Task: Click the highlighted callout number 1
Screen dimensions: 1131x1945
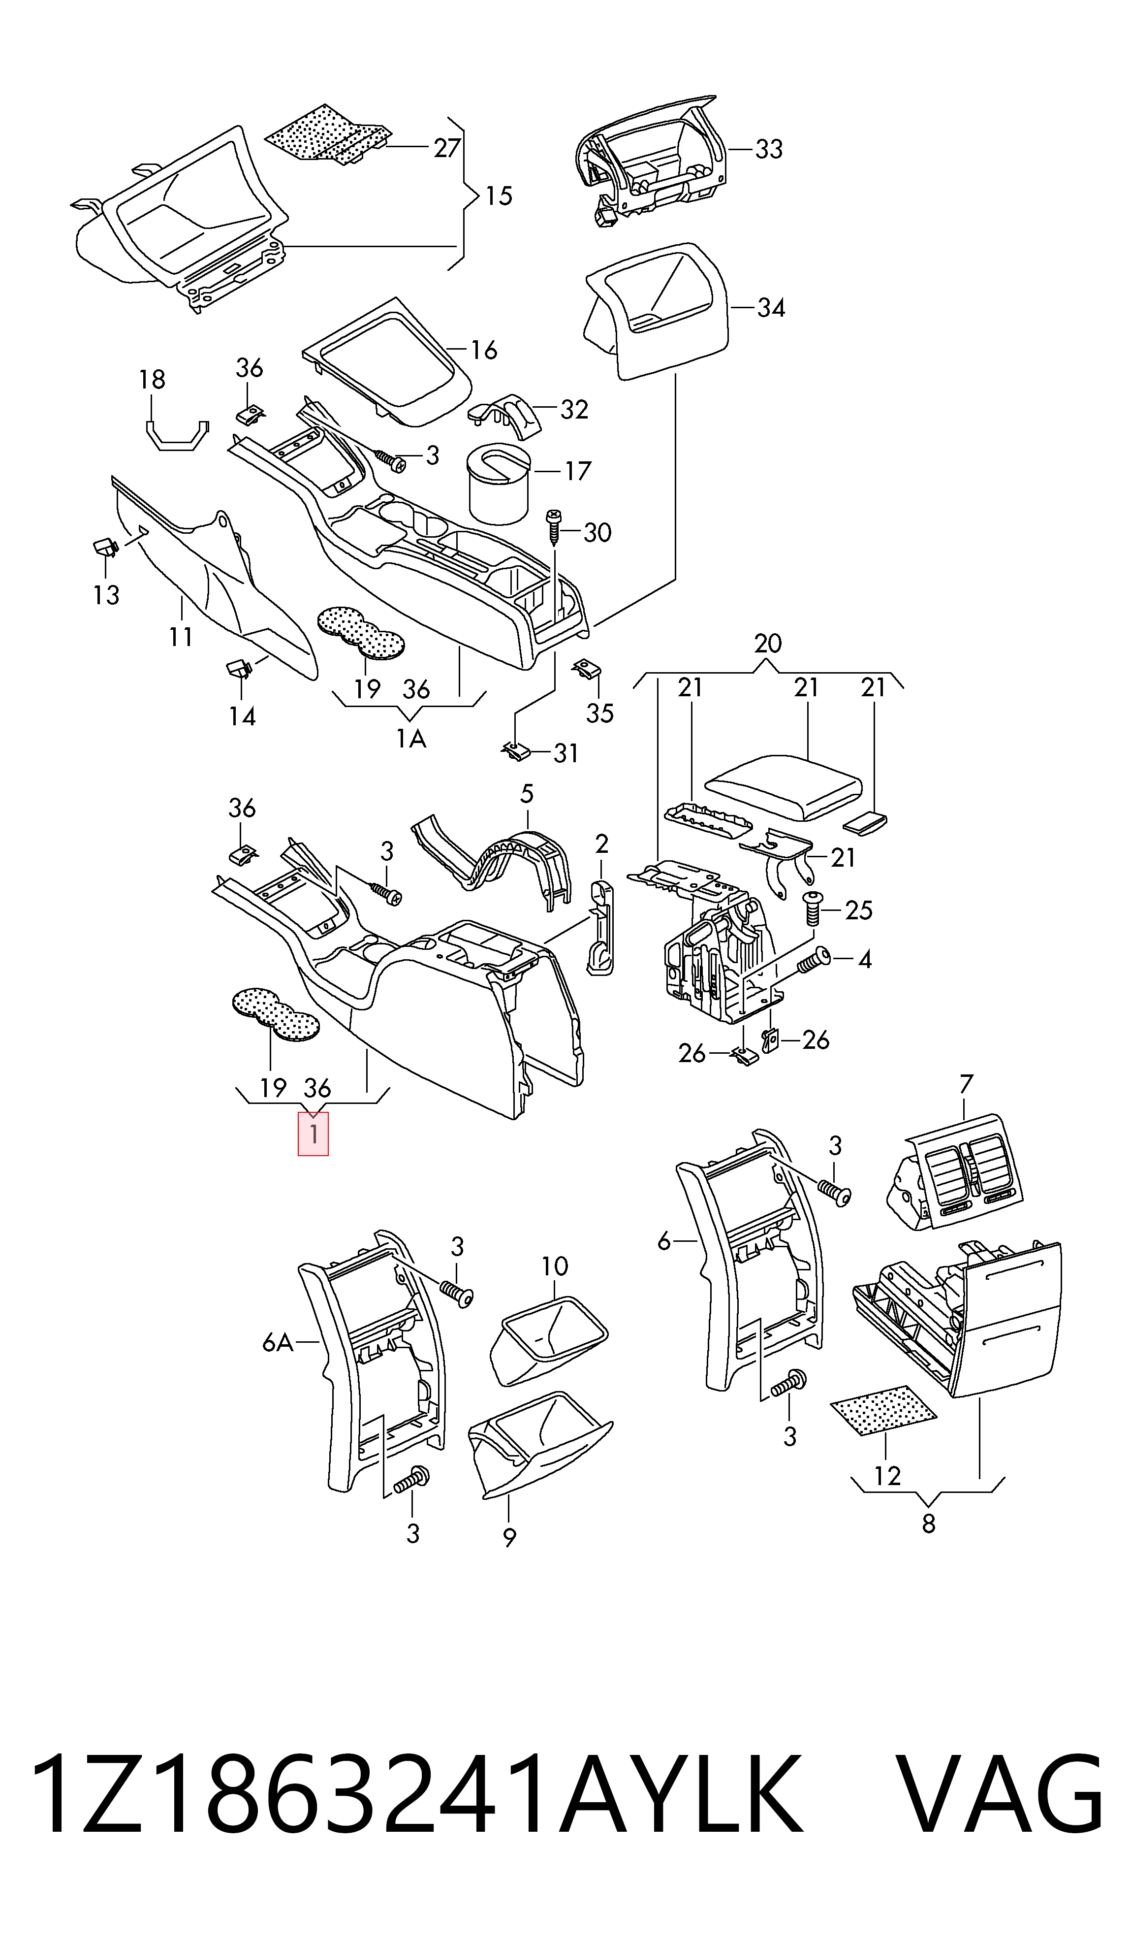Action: tap(313, 1134)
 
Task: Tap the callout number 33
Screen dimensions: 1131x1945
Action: tap(768, 149)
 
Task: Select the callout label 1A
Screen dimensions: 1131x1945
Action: tap(411, 740)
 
